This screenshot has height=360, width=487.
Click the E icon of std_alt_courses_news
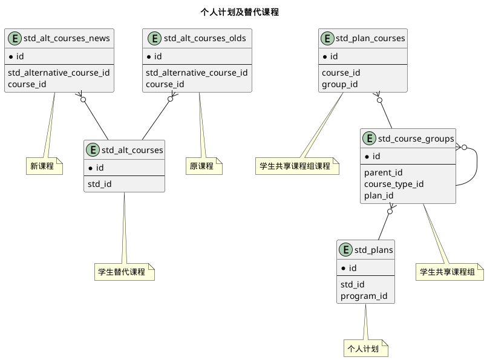click(15, 39)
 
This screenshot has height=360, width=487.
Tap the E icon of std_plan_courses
click(328, 39)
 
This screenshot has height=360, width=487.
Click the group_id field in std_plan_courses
click(339, 84)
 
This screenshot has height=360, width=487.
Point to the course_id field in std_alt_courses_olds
click(165, 84)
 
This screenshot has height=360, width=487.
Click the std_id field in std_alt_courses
click(99, 184)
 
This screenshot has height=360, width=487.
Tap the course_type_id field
click(394, 184)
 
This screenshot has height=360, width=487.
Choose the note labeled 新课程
click(45, 166)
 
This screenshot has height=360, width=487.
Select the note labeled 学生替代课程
click(124, 272)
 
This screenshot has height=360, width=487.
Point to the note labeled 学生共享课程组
click(449, 272)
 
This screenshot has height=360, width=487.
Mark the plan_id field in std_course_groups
click(379, 195)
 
